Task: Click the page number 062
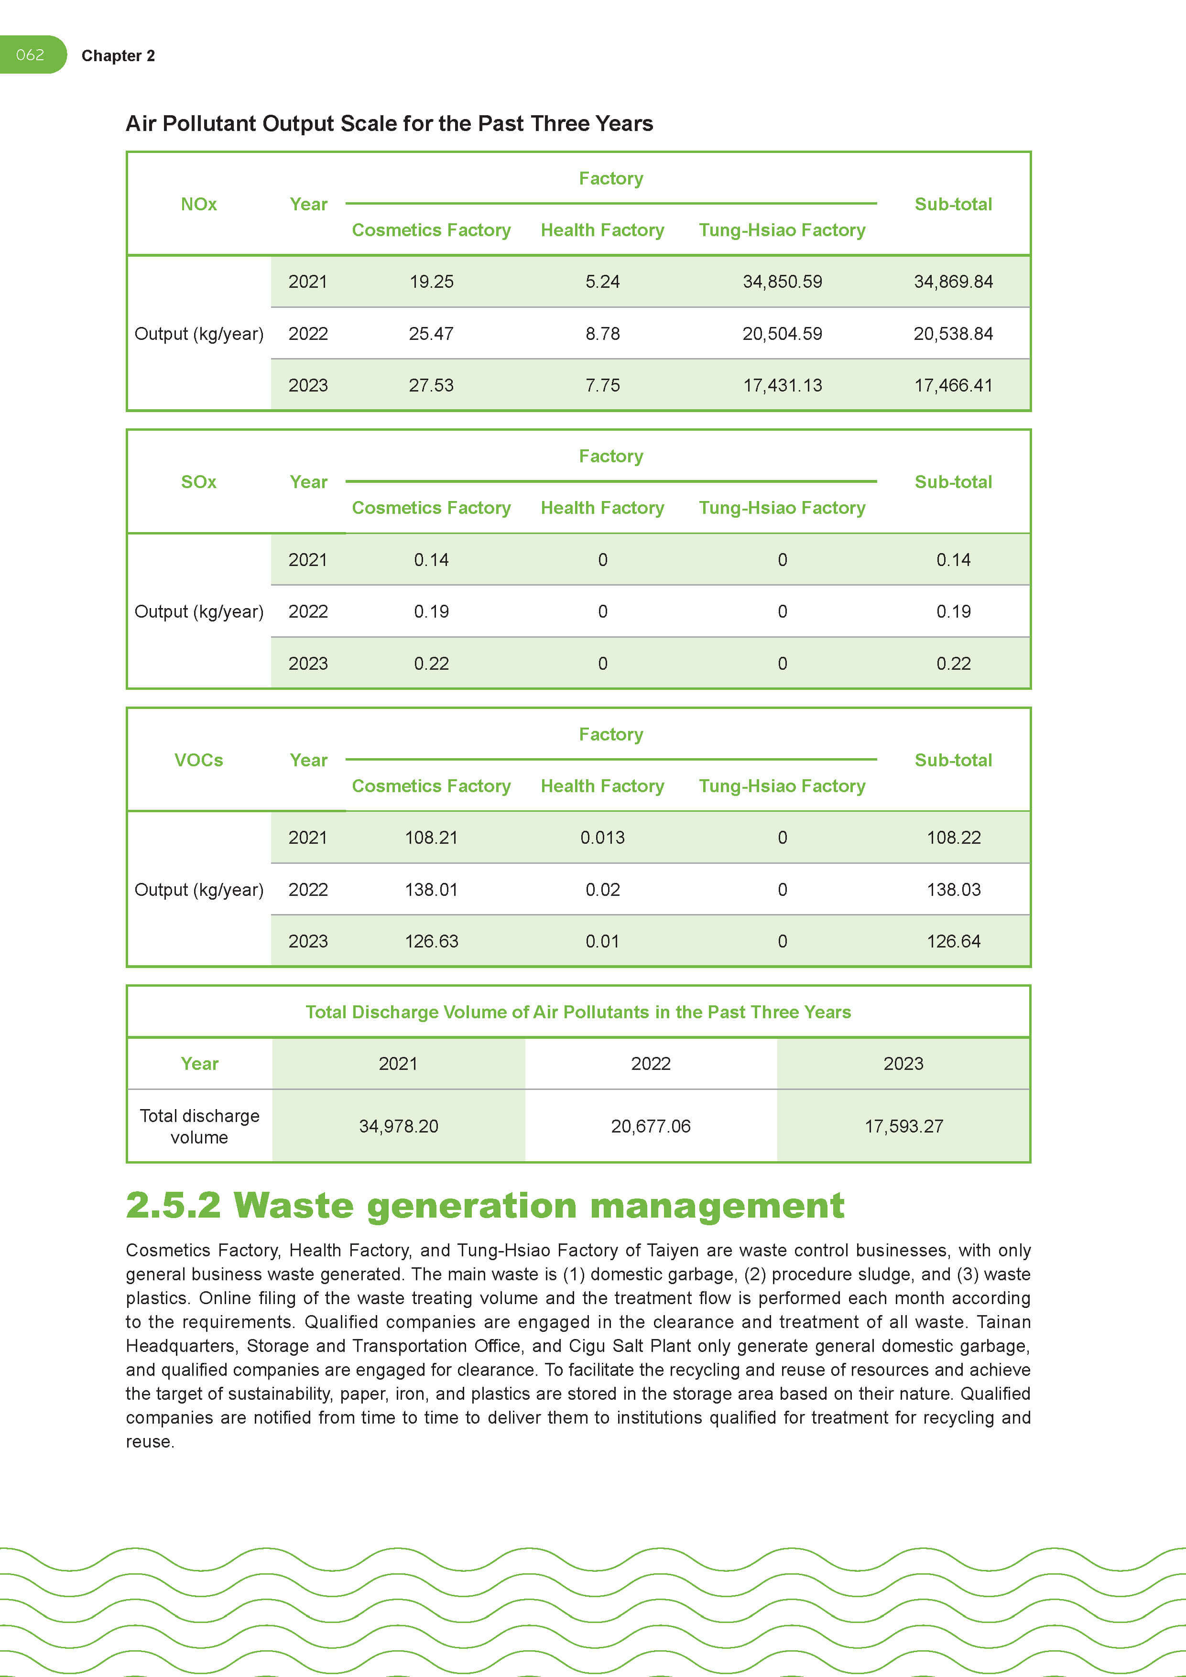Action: pos(30,55)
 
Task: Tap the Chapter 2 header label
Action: pos(118,56)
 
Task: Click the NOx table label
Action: pos(199,205)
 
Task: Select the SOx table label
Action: pos(199,482)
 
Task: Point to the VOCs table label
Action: pos(199,761)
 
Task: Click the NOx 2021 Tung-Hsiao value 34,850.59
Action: pos(782,282)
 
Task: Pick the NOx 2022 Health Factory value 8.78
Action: pos(602,334)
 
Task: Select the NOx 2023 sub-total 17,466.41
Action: pos(953,386)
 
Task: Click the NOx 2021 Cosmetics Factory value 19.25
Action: pos(431,282)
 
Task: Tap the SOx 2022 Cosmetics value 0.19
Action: pos(431,611)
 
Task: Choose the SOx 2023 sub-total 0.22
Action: pos(953,664)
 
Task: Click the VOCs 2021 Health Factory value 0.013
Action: pos(602,838)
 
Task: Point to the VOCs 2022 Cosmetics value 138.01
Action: pos(431,890)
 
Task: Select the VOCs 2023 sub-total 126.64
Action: pos(953,941)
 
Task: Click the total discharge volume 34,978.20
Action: pos(399,1126)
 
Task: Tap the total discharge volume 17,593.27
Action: pos(903,1126)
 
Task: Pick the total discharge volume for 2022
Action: pos(651,1126)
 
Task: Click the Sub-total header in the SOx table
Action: pos(953,482)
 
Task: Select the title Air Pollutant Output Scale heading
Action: pos(389,123)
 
